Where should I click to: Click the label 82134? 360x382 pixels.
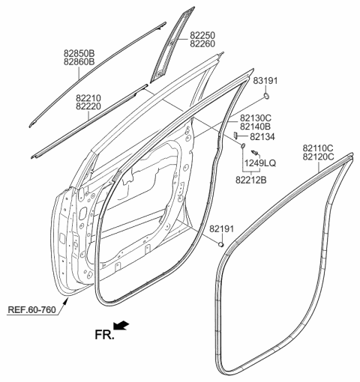click(x=262, y=137)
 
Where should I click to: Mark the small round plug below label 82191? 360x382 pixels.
click(x=222, y=244)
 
